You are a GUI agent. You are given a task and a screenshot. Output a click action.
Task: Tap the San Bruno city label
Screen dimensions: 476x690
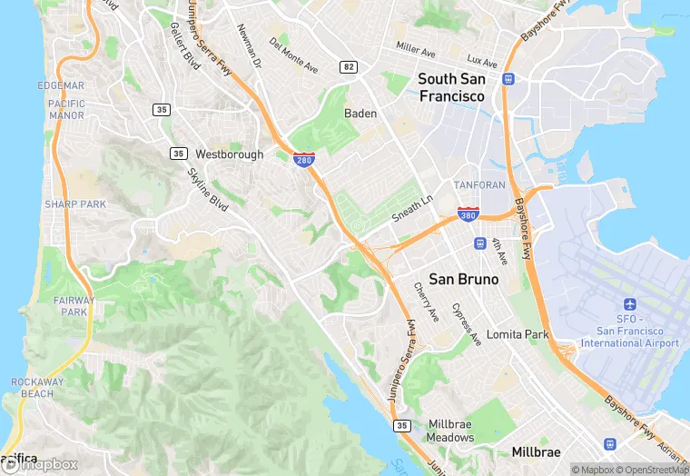[x=464, y=279]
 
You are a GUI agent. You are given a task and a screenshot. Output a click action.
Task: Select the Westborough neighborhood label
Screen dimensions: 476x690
[x=229, y=154]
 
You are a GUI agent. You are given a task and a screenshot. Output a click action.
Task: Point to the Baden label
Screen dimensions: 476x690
[x=360, y=114]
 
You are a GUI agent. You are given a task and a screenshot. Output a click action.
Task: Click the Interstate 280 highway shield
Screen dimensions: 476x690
[x=304, y=160]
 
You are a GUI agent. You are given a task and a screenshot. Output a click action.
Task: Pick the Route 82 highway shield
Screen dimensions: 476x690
[x=349, y=67]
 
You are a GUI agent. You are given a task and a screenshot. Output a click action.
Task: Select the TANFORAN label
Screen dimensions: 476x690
[x=478, y=185]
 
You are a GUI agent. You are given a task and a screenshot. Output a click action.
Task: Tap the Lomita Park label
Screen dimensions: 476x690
[x=517, y=334]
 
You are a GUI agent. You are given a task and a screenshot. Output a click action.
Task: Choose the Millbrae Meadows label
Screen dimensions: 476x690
[x=451, y=431]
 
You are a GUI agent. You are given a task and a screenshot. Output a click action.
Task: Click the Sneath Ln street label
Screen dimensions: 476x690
[x=413, y=208]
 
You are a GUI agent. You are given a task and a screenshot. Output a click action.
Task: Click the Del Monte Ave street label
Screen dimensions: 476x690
[x=294, y=55]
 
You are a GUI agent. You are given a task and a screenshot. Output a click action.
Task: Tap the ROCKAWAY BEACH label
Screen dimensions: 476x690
[x=38, y=388]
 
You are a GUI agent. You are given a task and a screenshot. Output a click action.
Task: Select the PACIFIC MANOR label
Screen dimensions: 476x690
[x=66, y=110]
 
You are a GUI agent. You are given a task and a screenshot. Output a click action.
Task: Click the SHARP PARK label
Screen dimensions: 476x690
[x=75, y=204]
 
